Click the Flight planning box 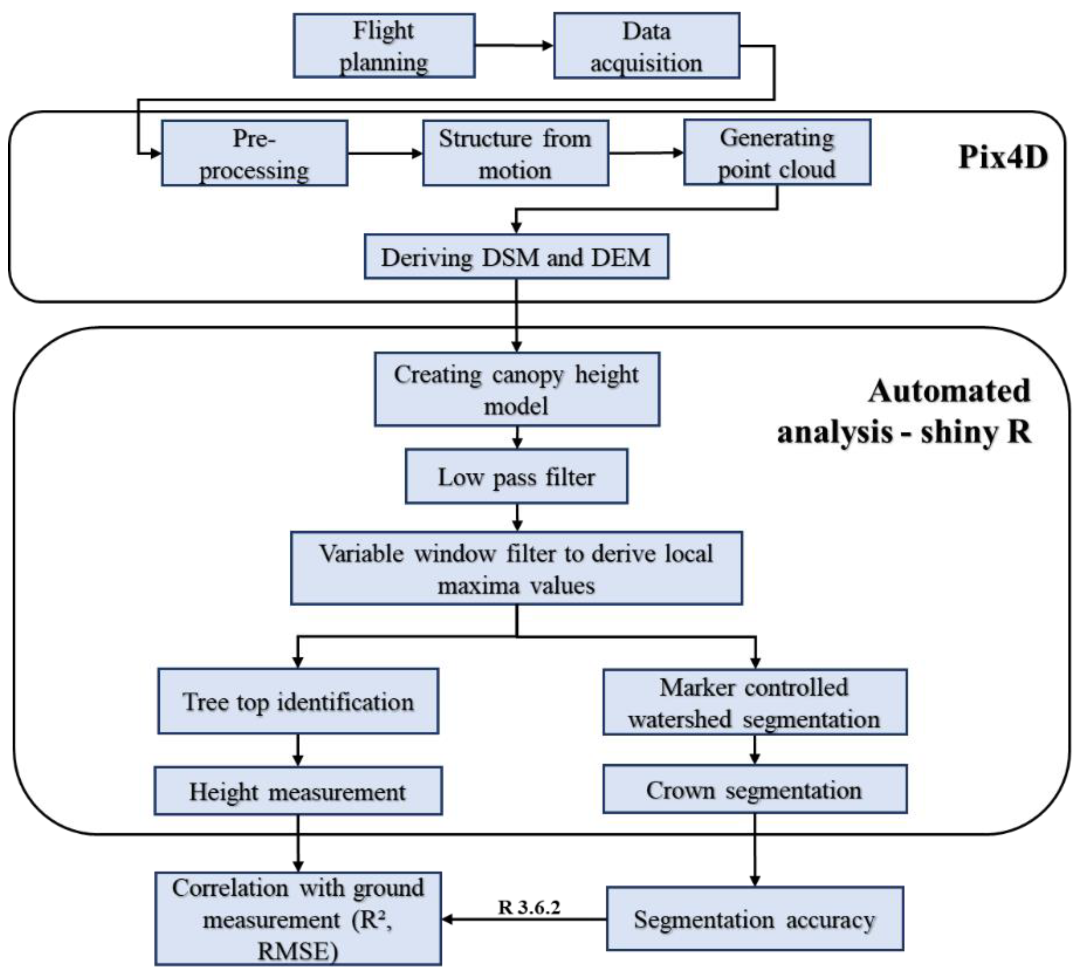pos(384,46)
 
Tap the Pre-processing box pos(254,154)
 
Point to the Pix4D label pos(1002,157)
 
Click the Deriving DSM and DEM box pos(516,257)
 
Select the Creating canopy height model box pos(517,389)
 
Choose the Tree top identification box pos(298,701)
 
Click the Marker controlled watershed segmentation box pos(754,702)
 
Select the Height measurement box pos(298,791)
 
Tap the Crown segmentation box pos(754,789)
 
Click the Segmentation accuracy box pos(754,919)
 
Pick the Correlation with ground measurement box pos(298,919)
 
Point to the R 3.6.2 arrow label pos(529,907)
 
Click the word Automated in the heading pos(948,391)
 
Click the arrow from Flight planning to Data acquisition pos(514,46)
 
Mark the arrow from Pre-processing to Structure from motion pos(385,154)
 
